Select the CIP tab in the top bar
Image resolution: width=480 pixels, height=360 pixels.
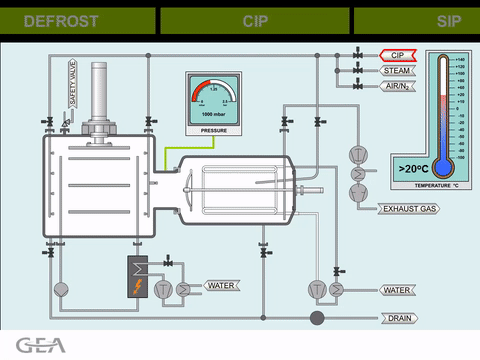point(255,21)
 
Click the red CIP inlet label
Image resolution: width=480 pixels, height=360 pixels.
point(397,55)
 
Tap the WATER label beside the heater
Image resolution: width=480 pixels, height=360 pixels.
point(220,286)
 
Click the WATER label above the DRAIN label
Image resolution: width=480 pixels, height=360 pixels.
point(398,290)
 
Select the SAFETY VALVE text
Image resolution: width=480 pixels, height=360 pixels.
point(72,83)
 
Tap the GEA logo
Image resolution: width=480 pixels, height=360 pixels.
point(41,346)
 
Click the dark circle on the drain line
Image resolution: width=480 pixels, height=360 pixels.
point(316,318)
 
